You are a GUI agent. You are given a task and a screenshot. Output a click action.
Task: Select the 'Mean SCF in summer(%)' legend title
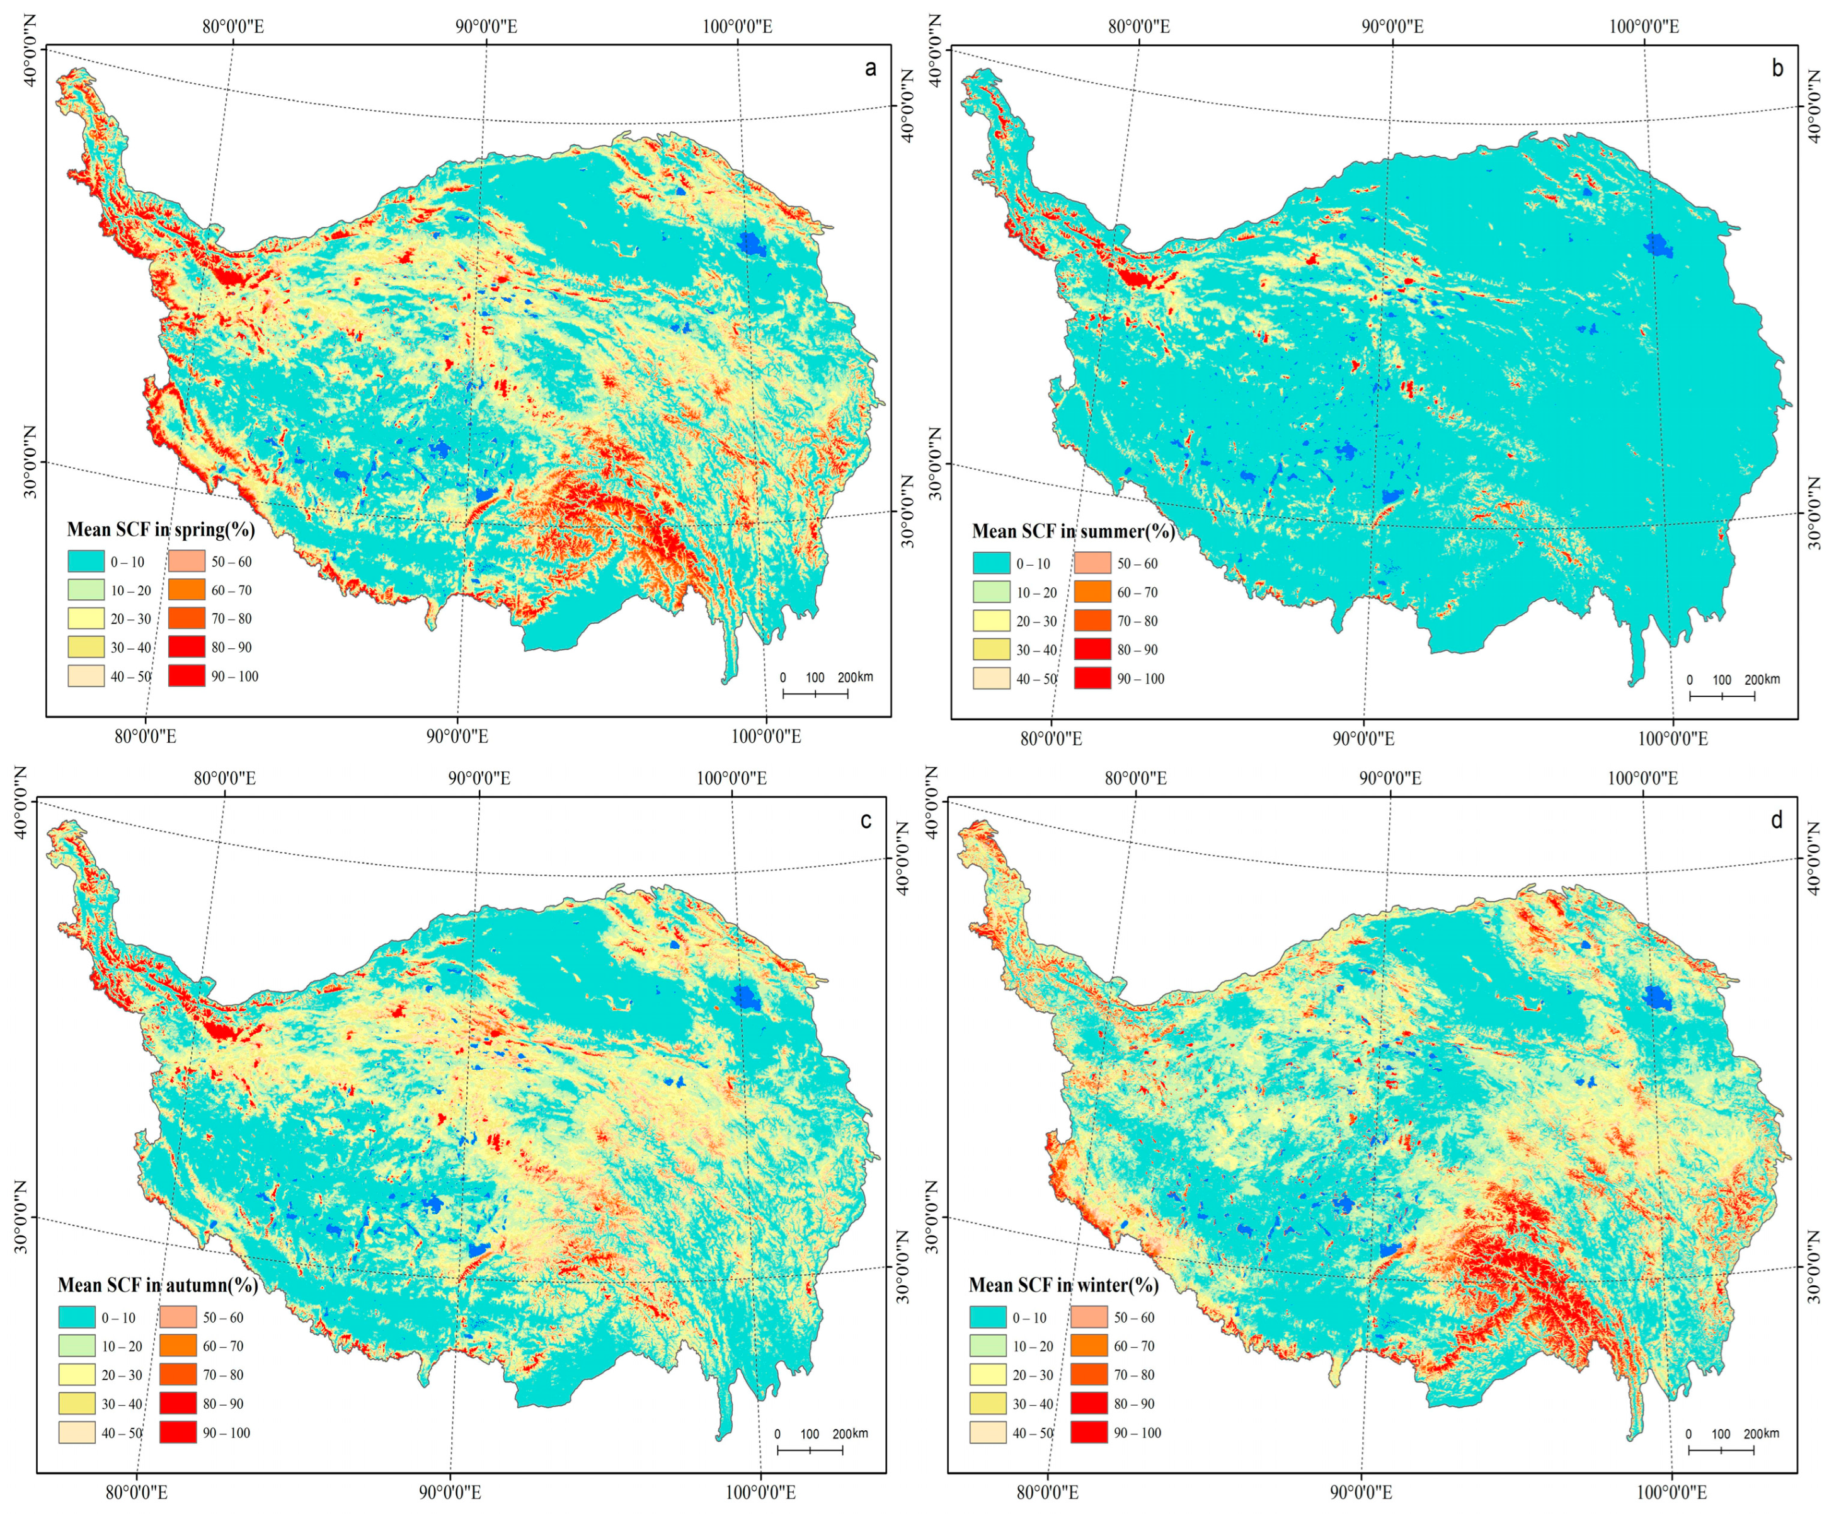[x=1073, y=531]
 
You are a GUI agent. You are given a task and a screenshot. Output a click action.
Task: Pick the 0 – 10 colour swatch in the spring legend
[x=86, y=561]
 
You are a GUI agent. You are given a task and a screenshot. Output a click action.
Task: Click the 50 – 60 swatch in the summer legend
[x=1092, y=563]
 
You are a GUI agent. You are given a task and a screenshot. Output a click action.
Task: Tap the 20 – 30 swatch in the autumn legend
[x=77, y=1375]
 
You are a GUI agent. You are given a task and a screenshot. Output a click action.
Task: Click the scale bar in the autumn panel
[x=810, y=1450]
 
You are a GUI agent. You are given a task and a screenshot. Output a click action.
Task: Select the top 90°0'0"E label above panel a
[x=486, y=26]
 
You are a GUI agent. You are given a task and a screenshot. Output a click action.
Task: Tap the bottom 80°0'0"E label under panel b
[x=1051, y=738]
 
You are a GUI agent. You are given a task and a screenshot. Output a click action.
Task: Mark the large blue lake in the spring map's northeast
[x=751, y=243]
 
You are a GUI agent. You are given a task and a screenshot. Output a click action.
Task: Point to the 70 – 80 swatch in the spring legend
[x=186, y=618]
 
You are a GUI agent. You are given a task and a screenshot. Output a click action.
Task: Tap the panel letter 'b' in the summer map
[x=1777, y=69]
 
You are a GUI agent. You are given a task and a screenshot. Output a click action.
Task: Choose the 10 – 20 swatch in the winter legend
[x=987, y=1346]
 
